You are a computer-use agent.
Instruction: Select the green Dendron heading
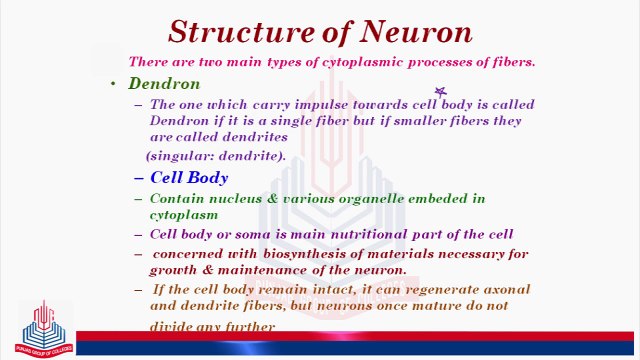(x=164, y=83)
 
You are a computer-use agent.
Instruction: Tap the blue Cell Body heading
(x=189, y=178)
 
